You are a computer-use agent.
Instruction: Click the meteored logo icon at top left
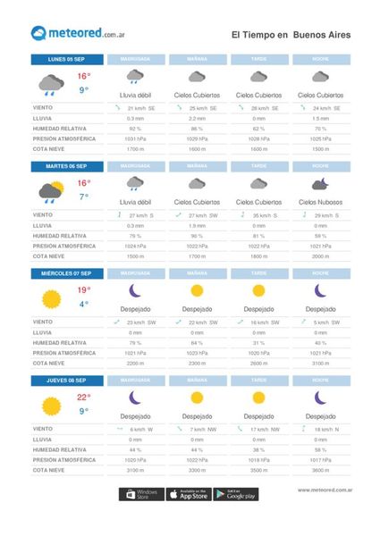coord(39,34)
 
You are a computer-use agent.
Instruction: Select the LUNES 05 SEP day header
coord(65,60)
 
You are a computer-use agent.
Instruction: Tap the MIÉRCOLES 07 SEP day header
coord(65,272)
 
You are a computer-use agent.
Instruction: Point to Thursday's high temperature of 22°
coord(83,396)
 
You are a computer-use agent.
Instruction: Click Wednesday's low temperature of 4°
coord(83,304)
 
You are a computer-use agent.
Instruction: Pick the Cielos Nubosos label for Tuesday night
coord(319,202)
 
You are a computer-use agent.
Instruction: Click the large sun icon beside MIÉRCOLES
coord(50,297)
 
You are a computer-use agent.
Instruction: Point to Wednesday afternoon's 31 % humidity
coord(258,343)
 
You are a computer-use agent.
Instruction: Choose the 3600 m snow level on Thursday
coord(319,469)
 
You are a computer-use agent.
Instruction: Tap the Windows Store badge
coord(140,494)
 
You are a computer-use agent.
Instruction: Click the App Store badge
coord(190,494)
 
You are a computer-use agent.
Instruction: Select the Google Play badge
coord(236,494)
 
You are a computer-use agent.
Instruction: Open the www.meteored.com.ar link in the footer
coord(325,490)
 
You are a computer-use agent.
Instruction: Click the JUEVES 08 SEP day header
coord(65,379)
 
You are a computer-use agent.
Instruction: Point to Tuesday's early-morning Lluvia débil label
coord(135,202)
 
